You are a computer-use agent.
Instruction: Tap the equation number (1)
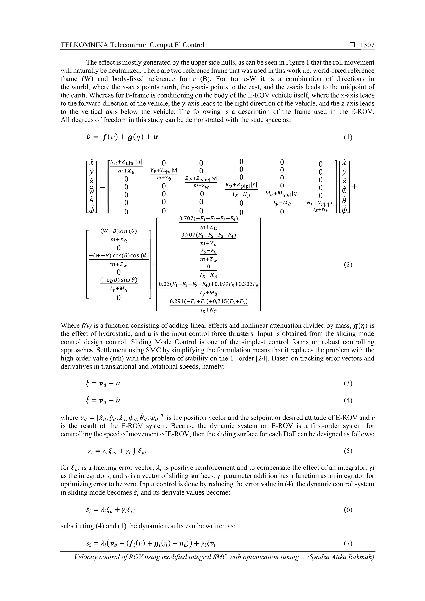click(348, 137)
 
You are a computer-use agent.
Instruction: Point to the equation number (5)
click(348, 451)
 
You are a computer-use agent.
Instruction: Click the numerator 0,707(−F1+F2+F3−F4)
click(208, 219)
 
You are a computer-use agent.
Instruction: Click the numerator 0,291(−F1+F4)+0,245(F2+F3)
click(208, 302)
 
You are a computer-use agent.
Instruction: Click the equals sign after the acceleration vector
click(102, 187)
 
